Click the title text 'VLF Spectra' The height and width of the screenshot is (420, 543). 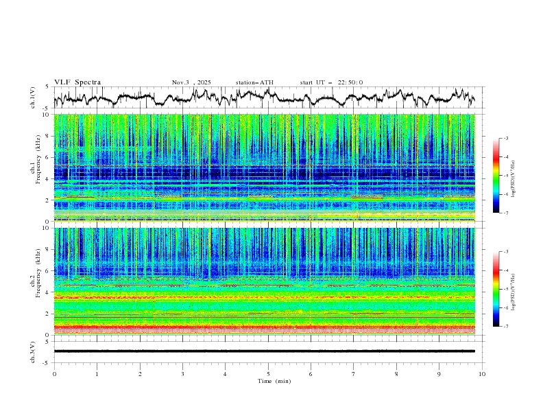tap(77, 82)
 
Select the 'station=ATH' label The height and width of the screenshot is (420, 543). tap(254, 82)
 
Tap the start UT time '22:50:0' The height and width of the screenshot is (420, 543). tap(350, 82)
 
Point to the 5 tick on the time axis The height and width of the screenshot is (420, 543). tap(268, 373)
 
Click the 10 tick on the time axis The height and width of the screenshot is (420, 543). tap(482, 373)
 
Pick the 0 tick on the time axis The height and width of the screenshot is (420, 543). tap(54, 373)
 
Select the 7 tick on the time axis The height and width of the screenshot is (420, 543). tap(354, 373)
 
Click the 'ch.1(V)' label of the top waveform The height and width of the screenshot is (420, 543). tap(34, 97)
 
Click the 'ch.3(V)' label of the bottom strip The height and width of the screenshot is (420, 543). tap(34, 351)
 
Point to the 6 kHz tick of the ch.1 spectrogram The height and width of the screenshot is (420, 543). tap(48, 158)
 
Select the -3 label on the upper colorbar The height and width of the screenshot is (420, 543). tap(505, 139)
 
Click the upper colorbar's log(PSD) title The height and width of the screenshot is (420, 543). tap(514, 176)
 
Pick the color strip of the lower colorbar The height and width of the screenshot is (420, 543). tap(496, 289)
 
